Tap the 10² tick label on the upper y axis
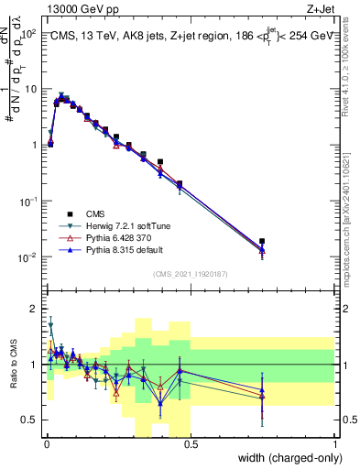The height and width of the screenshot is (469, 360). point(29,33)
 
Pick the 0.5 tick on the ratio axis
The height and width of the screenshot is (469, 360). point(30,420)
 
